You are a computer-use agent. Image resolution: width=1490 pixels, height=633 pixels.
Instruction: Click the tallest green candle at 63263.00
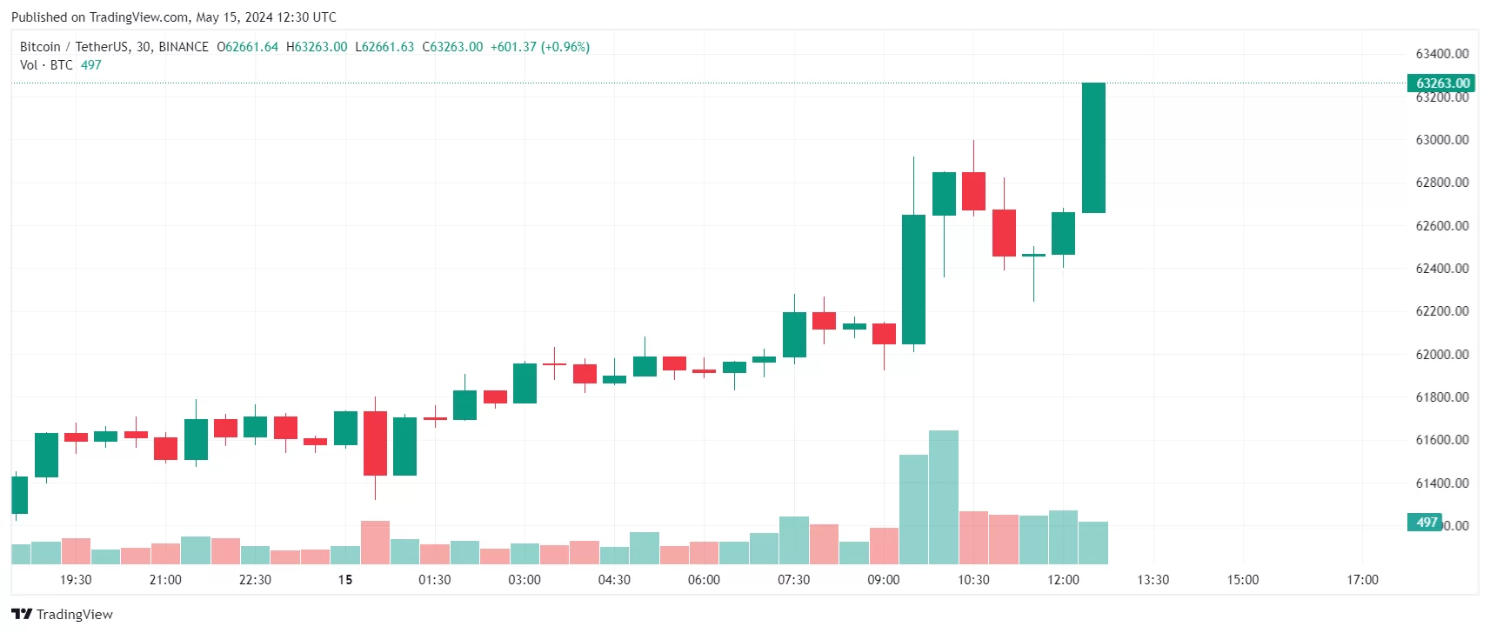[x=1093, y=148]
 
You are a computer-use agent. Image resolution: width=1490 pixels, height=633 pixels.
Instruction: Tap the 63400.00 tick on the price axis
[x=1441, y=54]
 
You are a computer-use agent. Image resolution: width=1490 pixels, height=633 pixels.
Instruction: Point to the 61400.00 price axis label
[x=1441, y=483]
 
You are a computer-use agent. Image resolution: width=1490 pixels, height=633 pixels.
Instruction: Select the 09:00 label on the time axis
[x=883, y=580]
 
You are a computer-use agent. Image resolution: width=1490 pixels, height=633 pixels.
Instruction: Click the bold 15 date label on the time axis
[x=345, y=580]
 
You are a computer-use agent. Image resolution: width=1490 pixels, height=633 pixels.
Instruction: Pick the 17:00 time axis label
[x=1362, y=580]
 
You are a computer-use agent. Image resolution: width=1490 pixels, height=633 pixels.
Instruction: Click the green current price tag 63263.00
[x=1441, y=83]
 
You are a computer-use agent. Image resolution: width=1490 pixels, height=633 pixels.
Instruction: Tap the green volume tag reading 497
[x=1426, y=523]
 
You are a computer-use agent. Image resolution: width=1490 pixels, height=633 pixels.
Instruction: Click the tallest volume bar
[x=944, y=497]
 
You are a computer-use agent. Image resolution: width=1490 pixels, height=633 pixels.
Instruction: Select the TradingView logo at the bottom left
[x=63, y=614]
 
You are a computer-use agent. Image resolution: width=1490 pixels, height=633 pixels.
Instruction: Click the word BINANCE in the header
[x=184, y=47]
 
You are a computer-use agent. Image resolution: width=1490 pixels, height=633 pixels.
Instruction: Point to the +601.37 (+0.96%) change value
[x=540, y=47]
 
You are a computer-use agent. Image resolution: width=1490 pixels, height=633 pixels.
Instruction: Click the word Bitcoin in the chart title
[x=40, y=47]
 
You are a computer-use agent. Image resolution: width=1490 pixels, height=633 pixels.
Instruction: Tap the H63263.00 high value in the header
[x=317, y=47]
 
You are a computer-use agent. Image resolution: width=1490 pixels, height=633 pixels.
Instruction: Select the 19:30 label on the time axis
[x=76, y=580]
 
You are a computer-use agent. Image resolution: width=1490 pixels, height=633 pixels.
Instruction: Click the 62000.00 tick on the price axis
[x=1441, y=355]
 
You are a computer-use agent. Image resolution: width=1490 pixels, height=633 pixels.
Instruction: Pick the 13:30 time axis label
[x=1153, y=580]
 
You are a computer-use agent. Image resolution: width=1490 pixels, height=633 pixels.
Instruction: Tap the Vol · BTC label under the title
[x=46, y=65]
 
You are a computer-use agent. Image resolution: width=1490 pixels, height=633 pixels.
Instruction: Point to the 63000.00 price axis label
[x=1441, y=140]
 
